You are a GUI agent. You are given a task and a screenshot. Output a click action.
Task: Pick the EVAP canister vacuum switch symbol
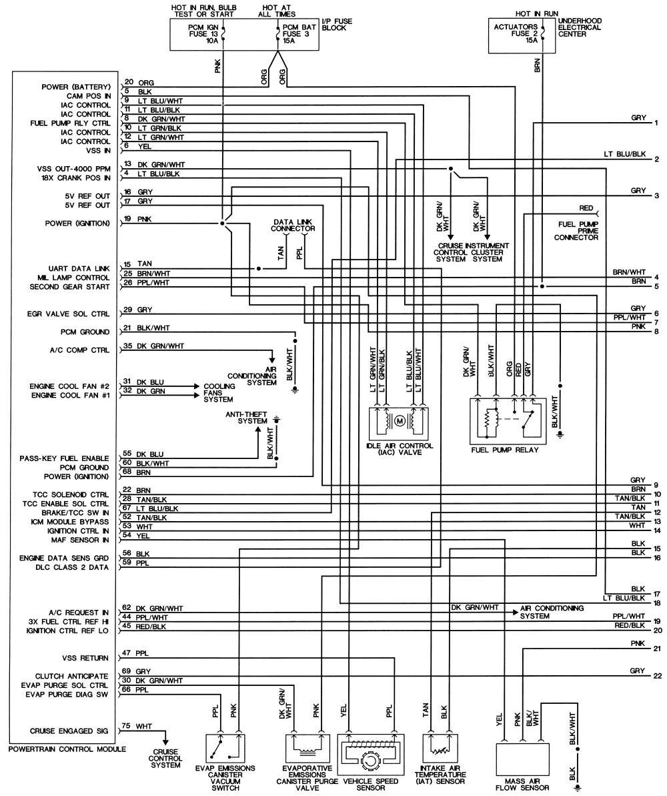pyautogui.click(x=224, y=755)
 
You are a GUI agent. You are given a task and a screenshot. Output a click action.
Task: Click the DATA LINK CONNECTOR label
pyautogui.click(x=293, y=225)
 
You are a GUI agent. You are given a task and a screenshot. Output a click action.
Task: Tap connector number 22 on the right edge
pyautogui.click(x=657, y=675)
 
